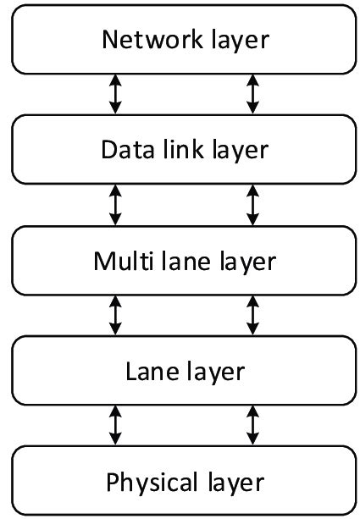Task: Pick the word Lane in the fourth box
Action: point(148,372)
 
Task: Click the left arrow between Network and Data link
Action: point(116,94)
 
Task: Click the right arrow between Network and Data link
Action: point(252,94)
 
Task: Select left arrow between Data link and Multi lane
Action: point(116,205)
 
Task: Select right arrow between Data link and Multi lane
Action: point(252,205)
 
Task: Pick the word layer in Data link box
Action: point(237,150)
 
